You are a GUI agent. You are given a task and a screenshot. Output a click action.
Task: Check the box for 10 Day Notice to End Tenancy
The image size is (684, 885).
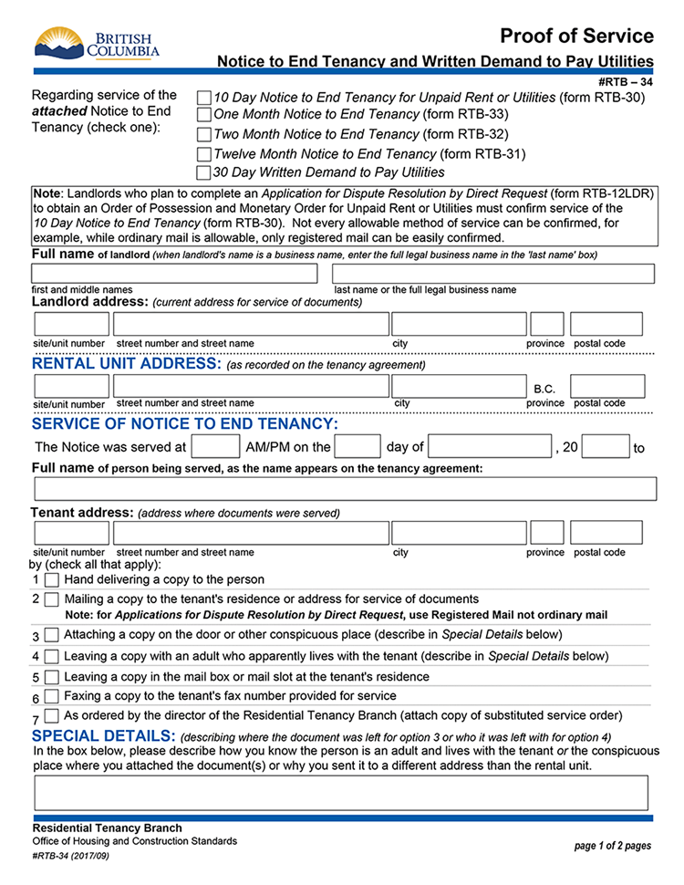click(x=204, y=98)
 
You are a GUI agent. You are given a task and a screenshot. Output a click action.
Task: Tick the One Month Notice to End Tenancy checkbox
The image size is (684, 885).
click(x=204, y=115)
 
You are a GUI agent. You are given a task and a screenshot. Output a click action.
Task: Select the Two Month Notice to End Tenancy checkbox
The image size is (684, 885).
click(x=204, y=135)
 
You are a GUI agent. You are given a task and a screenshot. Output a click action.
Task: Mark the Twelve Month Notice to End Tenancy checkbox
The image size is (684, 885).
click(x=204, y=154)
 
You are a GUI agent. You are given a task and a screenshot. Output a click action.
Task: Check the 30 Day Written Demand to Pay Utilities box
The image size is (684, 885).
click(x=204, y=172)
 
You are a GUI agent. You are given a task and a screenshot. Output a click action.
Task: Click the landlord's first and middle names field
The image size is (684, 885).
click(x=175, y=274)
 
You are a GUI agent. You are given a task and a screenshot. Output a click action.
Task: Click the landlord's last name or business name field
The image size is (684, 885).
click(x=493, y=274)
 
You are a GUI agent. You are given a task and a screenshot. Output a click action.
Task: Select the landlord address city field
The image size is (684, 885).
click(x=459, y=324)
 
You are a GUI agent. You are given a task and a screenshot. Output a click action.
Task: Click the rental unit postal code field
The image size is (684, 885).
click(x=606, y=386)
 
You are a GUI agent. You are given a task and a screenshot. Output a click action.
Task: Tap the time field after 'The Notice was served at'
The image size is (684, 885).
click(x=216, y=446)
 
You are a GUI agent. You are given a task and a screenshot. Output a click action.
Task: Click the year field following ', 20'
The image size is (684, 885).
click(x=606, y=446)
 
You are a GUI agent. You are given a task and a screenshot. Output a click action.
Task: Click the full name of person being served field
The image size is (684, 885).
click(x=345, y=489)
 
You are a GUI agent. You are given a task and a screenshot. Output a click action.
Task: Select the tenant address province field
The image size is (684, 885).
click(x=546, y=533)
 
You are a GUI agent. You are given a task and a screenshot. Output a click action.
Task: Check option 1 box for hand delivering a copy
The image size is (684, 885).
click(x=52, y=580)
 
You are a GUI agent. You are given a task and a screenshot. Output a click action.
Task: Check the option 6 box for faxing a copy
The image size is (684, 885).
click(x=52, y=698)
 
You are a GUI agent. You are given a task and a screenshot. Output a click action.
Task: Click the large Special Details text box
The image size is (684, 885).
click(x=341, y=793)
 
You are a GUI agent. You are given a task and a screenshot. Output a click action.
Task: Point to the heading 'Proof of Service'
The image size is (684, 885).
click(x=576, y=36)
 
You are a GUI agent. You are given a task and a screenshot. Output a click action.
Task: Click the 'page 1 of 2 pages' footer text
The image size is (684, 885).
click(x=612, y=846)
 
